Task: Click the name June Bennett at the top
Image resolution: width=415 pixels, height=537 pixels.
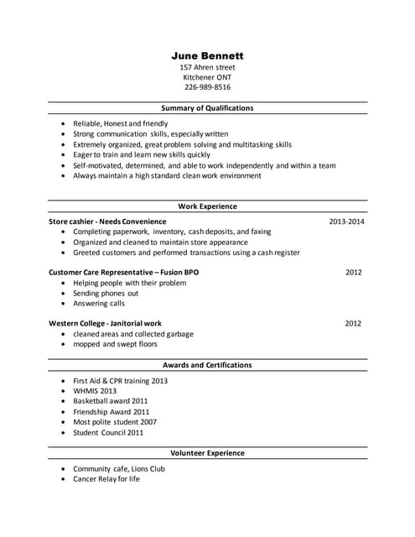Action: [x=207, y=55]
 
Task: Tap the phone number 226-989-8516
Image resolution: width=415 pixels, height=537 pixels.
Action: [x=207, y=86]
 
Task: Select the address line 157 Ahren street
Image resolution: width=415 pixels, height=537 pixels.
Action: [x=207, y=67]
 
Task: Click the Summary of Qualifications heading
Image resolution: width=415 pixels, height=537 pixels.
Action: [x=207, y=108]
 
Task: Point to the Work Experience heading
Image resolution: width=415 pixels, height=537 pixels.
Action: [x=207, y=206]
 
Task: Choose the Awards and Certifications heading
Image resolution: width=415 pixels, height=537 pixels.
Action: [x=207, y=365]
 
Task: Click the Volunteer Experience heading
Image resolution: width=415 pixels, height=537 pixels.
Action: [x=207, y=453]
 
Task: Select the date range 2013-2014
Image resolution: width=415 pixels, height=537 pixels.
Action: [x=346, y=222]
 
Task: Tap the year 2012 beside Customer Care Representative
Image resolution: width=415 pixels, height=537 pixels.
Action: [x=353, y=273]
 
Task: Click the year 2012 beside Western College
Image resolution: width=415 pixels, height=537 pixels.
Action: [x=353, y=323]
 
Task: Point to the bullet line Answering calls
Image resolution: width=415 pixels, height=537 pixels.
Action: [x=99, y=304]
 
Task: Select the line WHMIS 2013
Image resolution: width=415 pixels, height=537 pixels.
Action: [x=95, y=391]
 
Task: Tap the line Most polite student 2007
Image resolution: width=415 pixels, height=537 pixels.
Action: [x=115, y=422]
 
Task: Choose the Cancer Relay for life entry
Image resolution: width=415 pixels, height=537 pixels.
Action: [x=106, y=479]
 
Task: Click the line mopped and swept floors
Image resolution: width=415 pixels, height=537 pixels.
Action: [x=115, y=344]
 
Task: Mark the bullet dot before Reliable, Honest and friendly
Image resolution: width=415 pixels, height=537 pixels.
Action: [x=64, y=123]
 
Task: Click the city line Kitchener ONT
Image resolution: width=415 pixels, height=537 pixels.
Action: [x=207, y=77]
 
